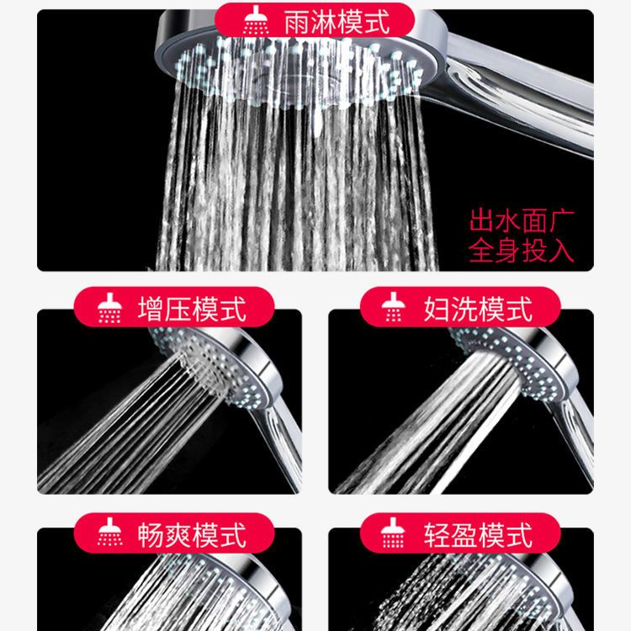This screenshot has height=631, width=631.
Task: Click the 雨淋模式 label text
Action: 337,22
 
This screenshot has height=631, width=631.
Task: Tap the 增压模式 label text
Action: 192,309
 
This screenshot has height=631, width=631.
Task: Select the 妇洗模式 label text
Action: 478,309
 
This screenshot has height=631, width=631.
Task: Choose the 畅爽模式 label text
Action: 192,535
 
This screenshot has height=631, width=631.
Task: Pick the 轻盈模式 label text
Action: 478,535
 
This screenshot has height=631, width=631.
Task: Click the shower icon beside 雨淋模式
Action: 256,20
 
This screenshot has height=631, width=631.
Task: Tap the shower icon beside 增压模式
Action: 109,308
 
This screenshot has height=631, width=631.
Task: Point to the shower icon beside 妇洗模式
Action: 394,307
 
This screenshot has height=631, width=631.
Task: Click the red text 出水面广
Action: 522,220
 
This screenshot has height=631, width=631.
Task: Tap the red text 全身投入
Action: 522,251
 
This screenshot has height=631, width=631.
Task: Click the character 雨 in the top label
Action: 297,22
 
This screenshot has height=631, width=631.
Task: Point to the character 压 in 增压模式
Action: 178,309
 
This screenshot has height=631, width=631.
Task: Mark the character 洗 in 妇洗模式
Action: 464,309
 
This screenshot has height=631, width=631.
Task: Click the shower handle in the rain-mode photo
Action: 519,97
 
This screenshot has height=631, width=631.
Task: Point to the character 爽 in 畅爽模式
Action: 178,535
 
